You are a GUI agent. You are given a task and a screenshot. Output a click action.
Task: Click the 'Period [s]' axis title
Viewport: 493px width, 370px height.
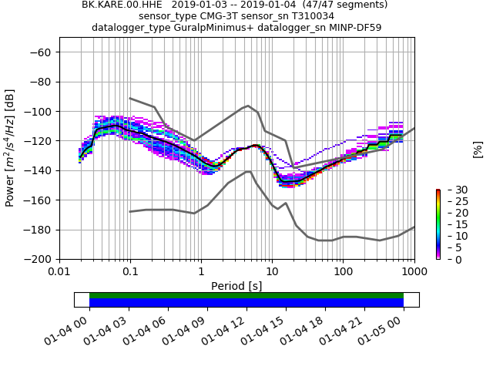tap(236, 285)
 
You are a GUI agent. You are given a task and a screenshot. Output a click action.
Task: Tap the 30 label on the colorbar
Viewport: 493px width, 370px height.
tap(451, 190)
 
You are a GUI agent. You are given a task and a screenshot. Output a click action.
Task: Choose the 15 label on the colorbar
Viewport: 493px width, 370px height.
tap(451, 224)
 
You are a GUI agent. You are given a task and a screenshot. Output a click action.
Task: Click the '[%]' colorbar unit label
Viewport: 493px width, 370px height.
tap(478, 148)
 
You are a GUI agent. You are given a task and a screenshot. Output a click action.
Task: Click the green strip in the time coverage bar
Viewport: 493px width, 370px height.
tap(246, 295)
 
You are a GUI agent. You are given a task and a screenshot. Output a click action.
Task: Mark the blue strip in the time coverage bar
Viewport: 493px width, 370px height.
tap(246, 303)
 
